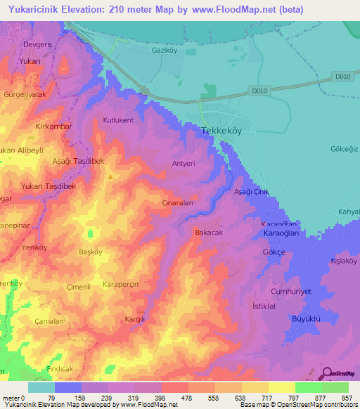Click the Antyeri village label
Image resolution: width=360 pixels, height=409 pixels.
tap(183, 164)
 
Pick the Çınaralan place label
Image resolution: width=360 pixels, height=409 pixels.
tap(177, 202)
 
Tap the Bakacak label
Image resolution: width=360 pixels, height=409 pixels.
tap(209, 231)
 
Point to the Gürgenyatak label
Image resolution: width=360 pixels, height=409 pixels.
tap(25, 94)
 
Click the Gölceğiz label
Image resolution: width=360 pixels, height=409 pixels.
tap(344, 149)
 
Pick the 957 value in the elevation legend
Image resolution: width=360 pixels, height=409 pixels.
tap(347, 398)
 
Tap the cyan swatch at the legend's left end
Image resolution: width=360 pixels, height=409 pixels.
tap(41, 387)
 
